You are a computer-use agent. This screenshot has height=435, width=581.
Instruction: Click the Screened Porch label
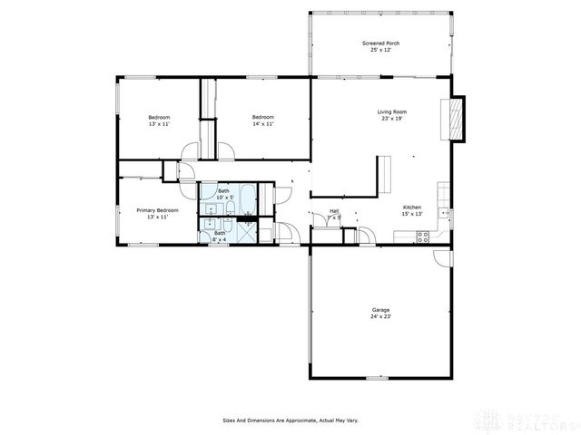tap(380, 43)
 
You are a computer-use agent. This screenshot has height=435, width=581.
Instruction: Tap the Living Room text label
tap(392, 111)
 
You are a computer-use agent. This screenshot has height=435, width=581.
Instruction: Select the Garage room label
tap(380, 310)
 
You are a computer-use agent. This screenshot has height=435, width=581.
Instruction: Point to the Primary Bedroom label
tap(157, 210)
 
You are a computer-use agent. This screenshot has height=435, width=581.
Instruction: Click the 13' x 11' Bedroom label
tap(160, 117)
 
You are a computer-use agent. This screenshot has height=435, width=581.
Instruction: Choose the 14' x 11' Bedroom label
tap(263, 117)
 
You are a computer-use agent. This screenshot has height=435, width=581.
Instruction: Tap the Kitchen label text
tap(411, 207)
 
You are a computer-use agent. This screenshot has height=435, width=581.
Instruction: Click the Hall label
tap(334, 211)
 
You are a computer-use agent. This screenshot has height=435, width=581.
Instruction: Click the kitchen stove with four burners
tap(422, 237)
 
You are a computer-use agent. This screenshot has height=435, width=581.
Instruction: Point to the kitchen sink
tap(444, 213)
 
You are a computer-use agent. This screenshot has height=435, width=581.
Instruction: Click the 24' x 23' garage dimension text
tap(380, 316)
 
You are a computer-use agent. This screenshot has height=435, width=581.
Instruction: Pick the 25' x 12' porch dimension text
tap(380, 50)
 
